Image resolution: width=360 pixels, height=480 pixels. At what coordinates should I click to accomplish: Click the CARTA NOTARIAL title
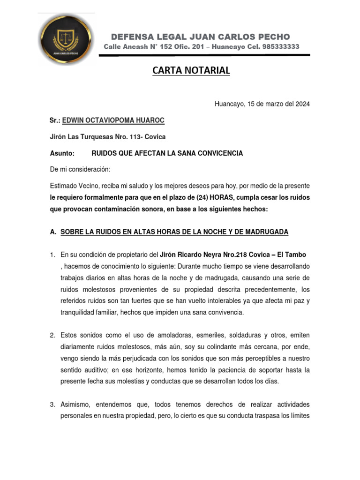(191, 71)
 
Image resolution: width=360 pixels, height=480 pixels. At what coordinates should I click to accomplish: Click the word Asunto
(62, 153)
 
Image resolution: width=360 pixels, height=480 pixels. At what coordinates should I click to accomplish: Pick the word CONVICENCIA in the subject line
(220, 153)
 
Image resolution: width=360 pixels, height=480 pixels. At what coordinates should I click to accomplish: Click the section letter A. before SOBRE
(53, 232)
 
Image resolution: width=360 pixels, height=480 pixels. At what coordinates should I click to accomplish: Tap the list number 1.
(52, 255)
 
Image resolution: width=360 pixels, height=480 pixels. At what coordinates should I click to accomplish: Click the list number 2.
(52, 335)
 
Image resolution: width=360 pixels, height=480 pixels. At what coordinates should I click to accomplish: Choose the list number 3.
(52, 404)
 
